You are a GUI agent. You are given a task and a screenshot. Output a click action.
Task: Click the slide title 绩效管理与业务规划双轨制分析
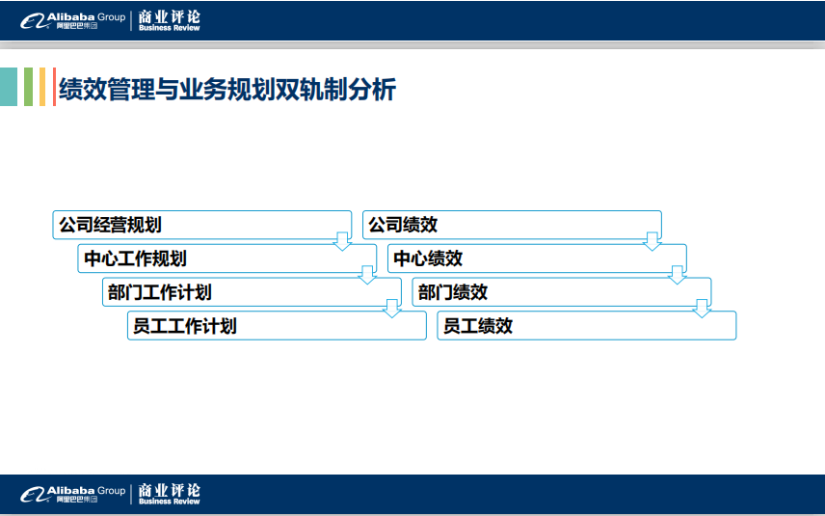click(227, 89)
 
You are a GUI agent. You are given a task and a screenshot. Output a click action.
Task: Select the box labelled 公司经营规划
click(202, 225)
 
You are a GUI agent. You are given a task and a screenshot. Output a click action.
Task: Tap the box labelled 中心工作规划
click(227, 258)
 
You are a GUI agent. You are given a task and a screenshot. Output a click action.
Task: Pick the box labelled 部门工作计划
click(252, 292)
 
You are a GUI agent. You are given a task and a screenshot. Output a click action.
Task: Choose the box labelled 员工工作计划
click(277, 325)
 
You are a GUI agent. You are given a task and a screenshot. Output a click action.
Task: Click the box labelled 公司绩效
click(512, 225)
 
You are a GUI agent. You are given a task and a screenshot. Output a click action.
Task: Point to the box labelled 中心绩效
click(537, 258)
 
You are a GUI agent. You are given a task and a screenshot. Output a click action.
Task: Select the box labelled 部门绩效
click(562, 292)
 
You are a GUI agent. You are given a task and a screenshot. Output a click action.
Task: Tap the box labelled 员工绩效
click(587, 325)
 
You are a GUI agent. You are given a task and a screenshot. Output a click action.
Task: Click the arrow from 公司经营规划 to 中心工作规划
click(342, 241)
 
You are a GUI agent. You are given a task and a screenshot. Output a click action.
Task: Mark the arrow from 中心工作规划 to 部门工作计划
click(367, 275)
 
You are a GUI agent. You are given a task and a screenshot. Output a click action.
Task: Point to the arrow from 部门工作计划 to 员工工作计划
click(392, 309)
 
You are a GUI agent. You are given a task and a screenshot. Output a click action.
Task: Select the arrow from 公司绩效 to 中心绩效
click(652, 241)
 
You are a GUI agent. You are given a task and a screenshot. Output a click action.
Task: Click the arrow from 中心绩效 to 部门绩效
click(678, 275)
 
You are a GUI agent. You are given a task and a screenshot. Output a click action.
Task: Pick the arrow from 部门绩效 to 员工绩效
click(702, 309)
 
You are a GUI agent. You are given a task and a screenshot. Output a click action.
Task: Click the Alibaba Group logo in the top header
click(72, 21)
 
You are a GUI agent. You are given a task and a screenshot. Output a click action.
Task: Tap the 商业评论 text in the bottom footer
click(170, 490)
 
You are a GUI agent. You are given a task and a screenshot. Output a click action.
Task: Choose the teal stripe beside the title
click(9, 87)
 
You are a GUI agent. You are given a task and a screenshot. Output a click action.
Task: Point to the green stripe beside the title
click(28, 87)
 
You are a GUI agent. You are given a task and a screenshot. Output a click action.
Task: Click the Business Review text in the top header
click(170, 28)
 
